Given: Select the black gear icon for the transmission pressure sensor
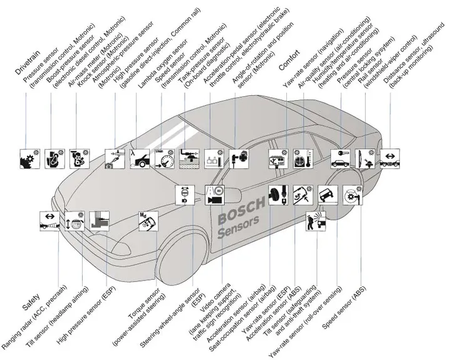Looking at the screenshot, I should [29, 159].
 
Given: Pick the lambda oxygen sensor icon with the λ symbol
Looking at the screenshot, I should [140, 159].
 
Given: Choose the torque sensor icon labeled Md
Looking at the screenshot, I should [148, 221].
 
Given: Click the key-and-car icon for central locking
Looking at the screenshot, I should [341, 159].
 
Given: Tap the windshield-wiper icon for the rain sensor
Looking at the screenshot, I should [365, 159].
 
